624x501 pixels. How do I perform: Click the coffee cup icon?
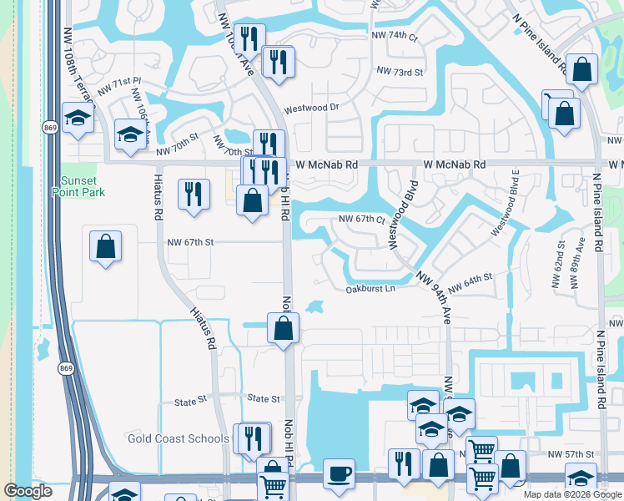(339, 473)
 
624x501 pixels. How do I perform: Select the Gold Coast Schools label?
(178, 438)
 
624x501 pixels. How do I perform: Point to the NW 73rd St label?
(400, 72)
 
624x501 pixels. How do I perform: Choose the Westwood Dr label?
(311, 109)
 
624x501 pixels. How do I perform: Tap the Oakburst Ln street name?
(370, 289)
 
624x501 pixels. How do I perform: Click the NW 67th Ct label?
(361, 219)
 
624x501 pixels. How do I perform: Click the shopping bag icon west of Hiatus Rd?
(105, 247)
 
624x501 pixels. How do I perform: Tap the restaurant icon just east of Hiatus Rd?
(194, 194)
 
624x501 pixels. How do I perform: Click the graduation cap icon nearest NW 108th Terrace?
(78, 117)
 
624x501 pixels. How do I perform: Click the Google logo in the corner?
(28, 491)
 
